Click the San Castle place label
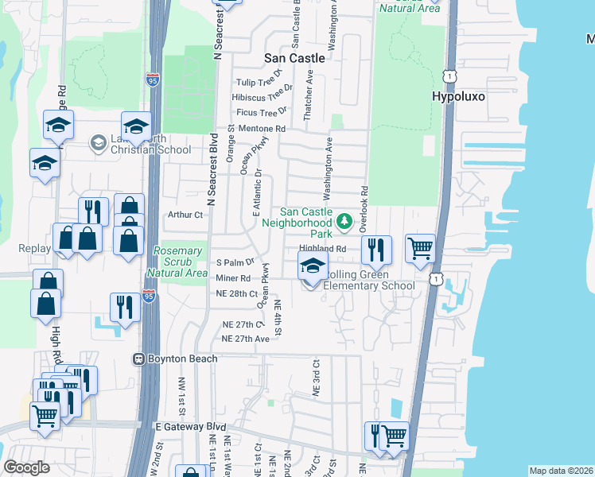294,58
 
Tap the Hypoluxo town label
458,96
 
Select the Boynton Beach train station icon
139,359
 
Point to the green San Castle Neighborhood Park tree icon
344,220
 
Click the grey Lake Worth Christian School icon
99,142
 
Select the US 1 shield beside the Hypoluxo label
450,75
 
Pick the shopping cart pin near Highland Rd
420,247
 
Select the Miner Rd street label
233,278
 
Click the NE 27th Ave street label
246,339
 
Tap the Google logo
26,467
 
